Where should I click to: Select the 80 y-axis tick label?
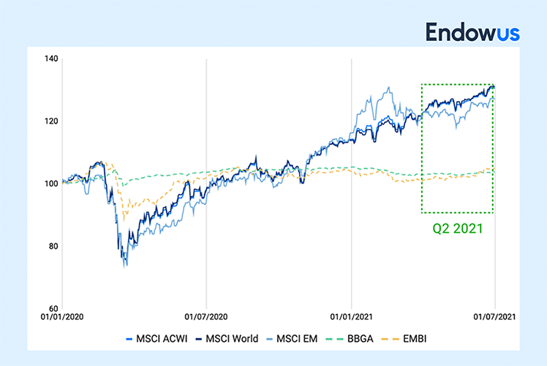[50, 246]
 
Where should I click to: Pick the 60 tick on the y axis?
[50, 308]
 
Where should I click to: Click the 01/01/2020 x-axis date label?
[62, 319]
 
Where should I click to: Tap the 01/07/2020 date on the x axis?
[206, 319]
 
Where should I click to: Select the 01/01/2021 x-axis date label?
[352, 319]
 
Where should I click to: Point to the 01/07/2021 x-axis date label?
[495, 319]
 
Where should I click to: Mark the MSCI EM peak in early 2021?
[388, 88]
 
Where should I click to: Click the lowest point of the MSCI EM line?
[125, 266]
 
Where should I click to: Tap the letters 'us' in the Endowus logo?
[507, 33]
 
